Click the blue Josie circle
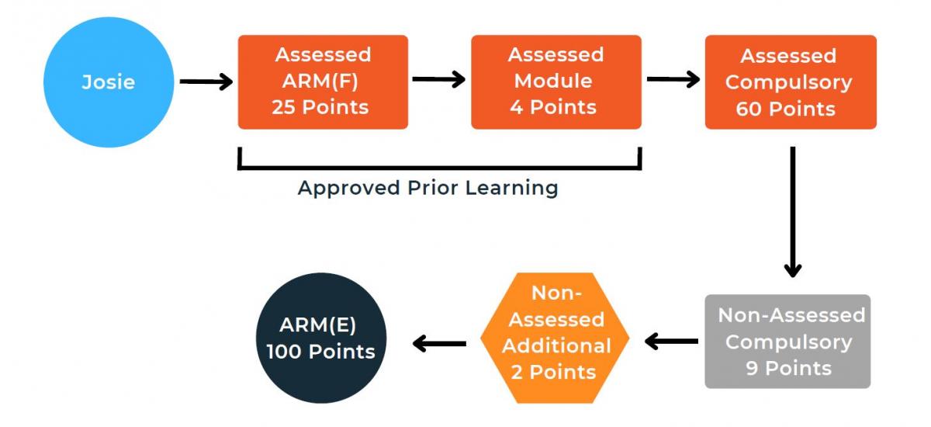[x=109, y=82]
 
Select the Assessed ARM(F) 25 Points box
[x=323, y=82]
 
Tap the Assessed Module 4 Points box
[x=556, y=82]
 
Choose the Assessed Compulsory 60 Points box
[x=791, y=82]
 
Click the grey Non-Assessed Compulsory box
[x=787, y=342]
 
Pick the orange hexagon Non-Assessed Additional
[x=555, y=338]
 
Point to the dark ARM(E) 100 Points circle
[x=321, y=338]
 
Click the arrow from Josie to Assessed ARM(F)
[x=206, y=82]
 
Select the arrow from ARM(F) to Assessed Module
[x=439, y=79]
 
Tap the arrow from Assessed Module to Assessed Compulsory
[x=673, y=79]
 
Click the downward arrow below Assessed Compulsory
[x=793, y=212]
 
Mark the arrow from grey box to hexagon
[x=671, y=342]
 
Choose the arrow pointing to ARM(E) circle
[x=439, y=344]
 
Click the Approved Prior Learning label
[x=428, y=188]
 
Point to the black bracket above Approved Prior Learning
[x=440, y=168]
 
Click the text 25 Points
[x=320, y=107]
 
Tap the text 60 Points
[x=785, y=109]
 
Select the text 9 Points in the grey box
[x=788, y=368]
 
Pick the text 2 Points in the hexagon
[x=554, y=372]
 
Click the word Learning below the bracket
[x=511, y=188]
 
